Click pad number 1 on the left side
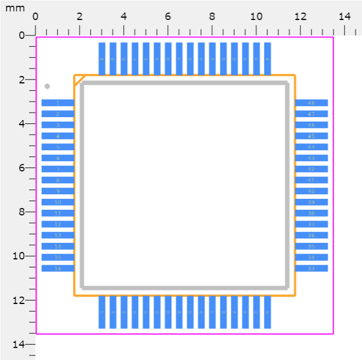58,103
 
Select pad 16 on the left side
58,268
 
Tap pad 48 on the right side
311,103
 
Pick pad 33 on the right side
311,268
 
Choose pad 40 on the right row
311,191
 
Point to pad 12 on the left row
58,224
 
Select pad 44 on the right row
311,147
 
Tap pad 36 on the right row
311,235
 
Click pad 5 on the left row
58,147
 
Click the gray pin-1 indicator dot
47,86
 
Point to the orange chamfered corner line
79,81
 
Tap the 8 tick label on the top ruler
212,17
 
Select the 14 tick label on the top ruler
344,17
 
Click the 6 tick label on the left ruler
22,168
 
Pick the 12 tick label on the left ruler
19,301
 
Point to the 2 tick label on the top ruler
79,17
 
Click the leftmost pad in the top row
102,58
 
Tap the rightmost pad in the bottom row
267,312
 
